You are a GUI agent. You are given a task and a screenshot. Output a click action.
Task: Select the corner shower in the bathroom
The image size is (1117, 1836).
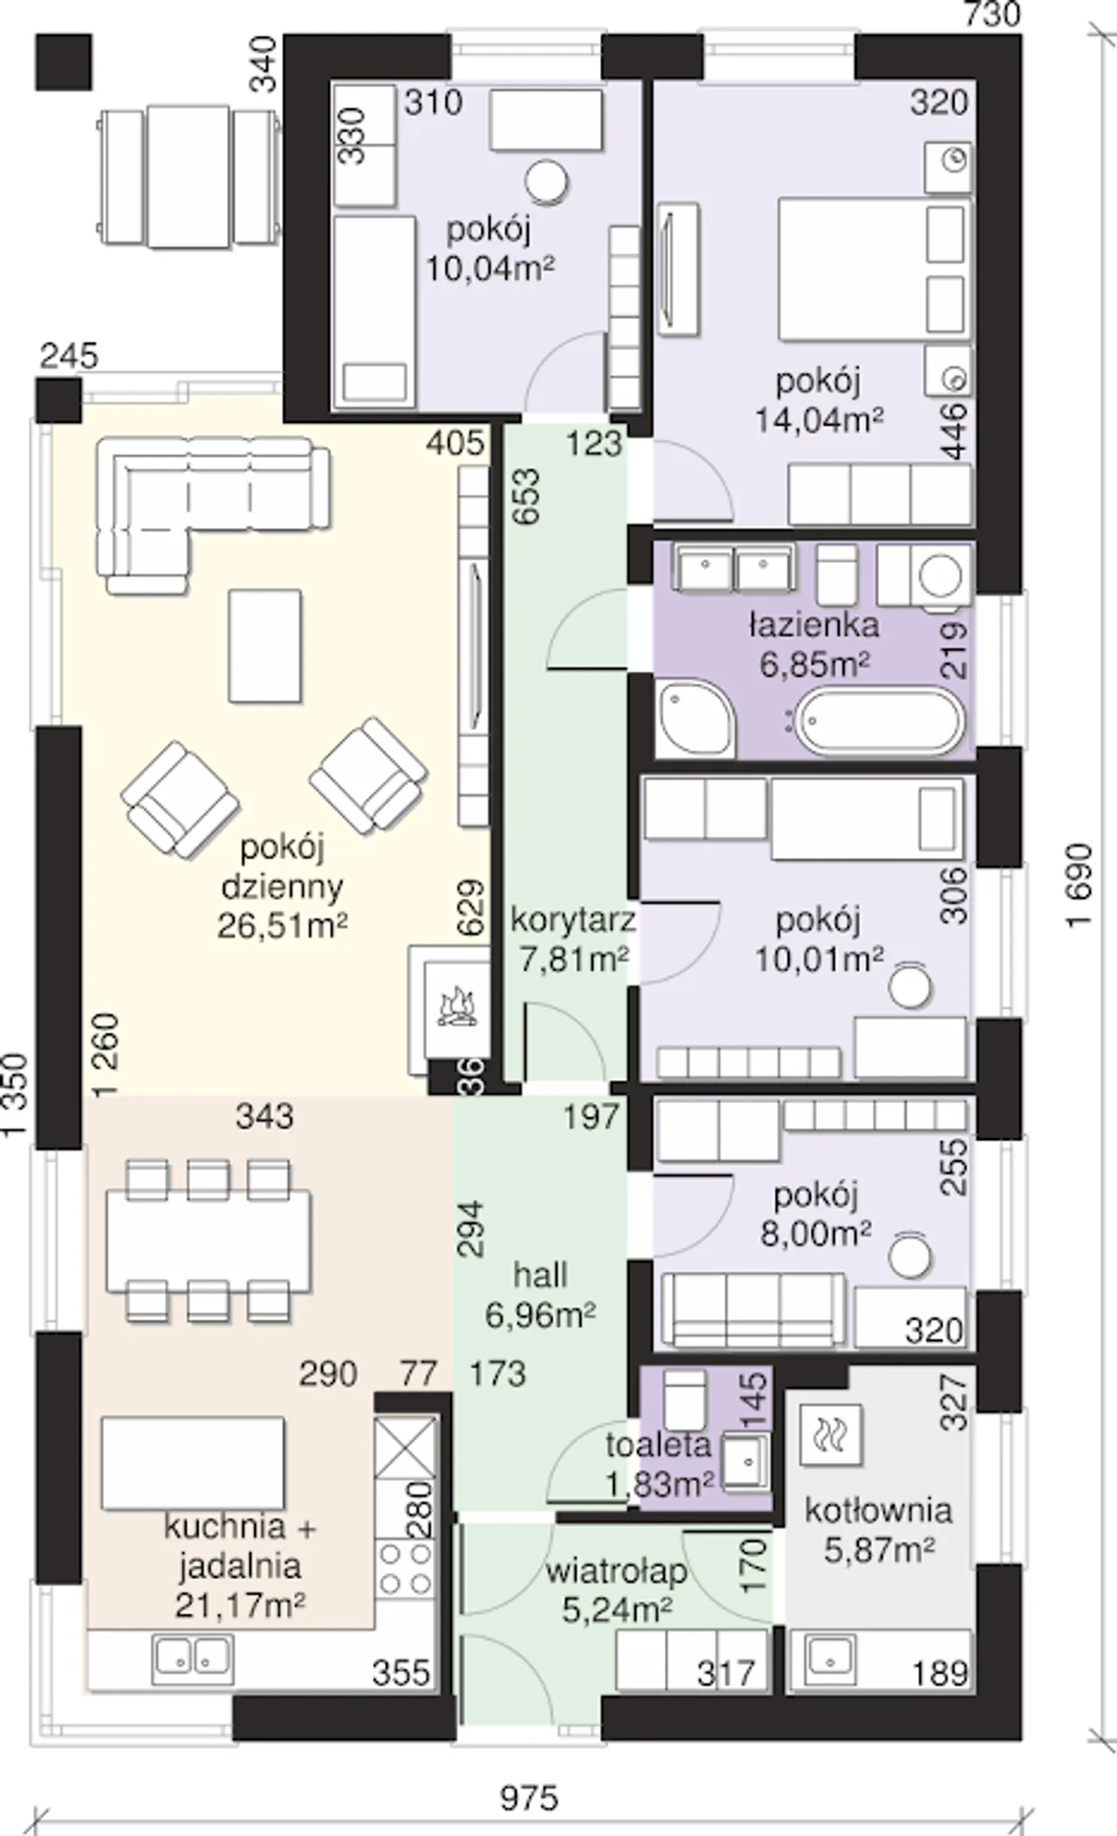(696, 721)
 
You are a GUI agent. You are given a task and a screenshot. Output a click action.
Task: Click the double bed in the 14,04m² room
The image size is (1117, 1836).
(873, 268)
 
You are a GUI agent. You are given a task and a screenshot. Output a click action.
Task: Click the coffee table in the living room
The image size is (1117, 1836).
(265, 645)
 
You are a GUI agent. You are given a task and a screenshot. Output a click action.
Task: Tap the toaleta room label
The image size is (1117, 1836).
(658, 1445)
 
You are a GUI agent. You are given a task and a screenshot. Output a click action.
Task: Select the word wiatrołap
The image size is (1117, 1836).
(617, 1573)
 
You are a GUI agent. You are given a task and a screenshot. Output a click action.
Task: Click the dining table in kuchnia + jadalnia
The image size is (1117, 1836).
(209, 1241)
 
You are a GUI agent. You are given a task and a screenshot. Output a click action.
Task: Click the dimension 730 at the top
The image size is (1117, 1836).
(992, 15)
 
